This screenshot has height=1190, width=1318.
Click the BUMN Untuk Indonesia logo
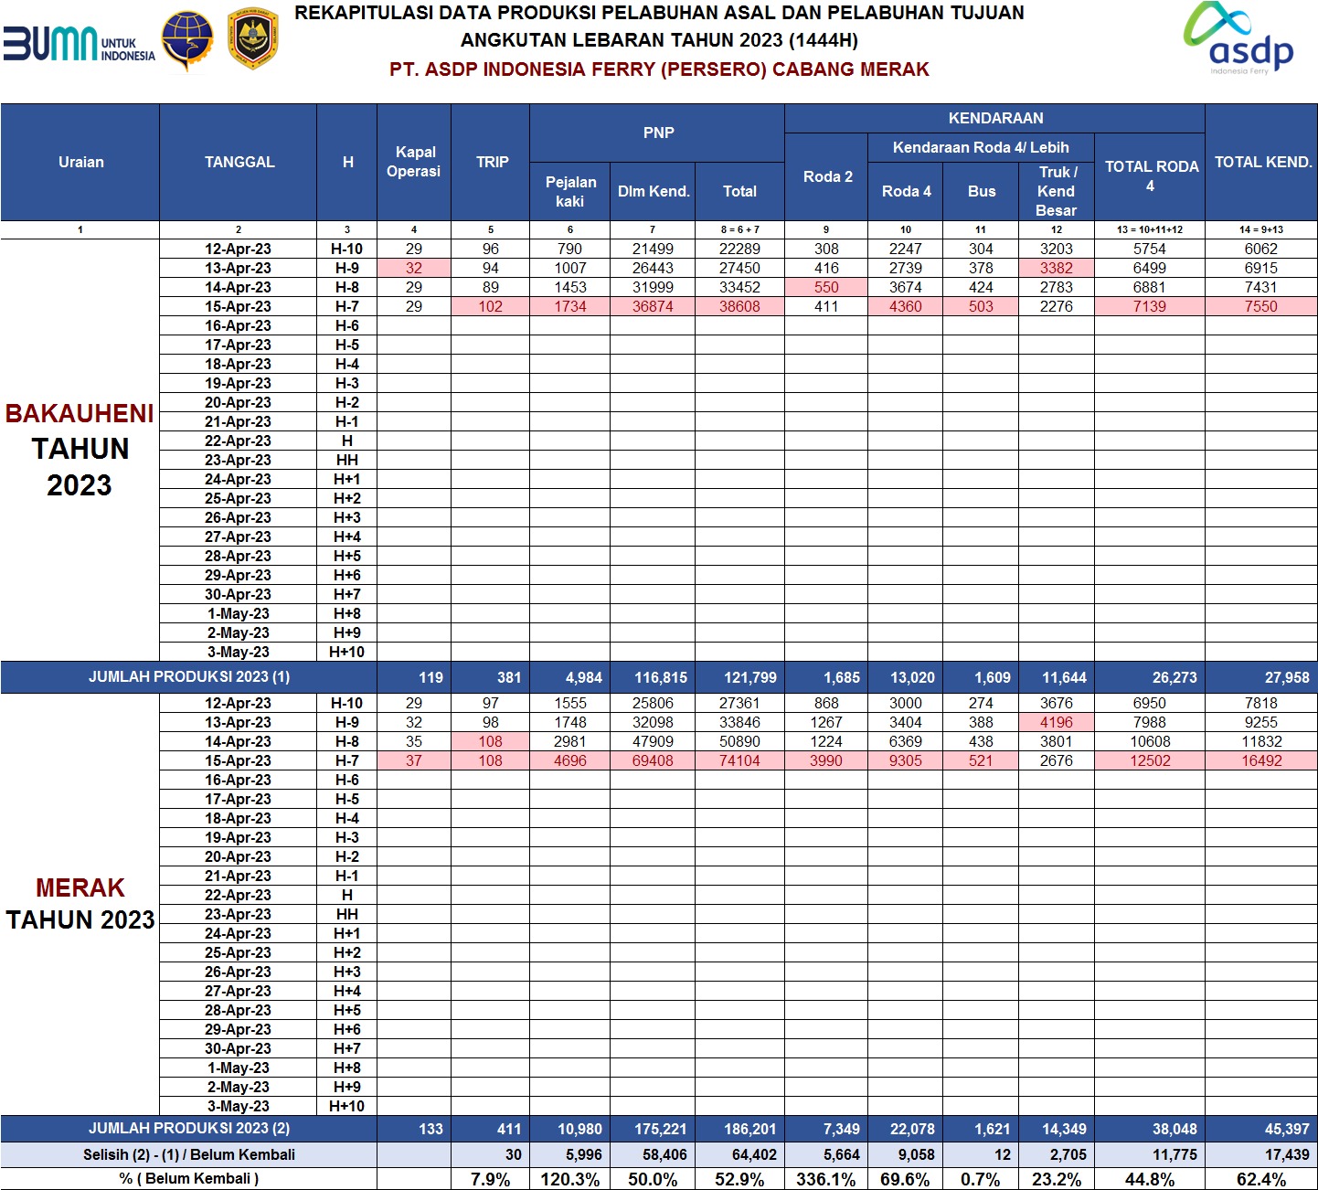click(x=79, y=43)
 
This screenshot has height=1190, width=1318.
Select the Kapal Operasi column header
click(x=414, y=162)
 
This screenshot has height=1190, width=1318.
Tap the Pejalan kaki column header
click(x=570, y=191)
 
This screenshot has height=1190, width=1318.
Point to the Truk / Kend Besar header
click(x=1057, y=191)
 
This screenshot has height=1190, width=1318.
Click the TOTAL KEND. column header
click(x=1262, y=162)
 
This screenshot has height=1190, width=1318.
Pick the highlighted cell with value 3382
click(x=1057, y=268)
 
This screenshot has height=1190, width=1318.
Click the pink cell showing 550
click(x=826, y=287)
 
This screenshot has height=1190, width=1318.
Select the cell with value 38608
click(x=739, y=306)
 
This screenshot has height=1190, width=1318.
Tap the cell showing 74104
click(x=739, y=760)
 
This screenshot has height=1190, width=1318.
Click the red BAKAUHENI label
click(x=80, y=414)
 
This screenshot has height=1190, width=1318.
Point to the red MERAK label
click(x=80, y=887)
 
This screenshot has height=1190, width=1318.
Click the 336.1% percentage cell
click(x=825, y=1179)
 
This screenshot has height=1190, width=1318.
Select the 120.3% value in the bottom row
click(x=570, y=1179)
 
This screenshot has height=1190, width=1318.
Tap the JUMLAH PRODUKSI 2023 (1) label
click(x=189, y=676)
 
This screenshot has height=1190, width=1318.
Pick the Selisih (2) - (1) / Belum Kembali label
click(x=189, y=1154)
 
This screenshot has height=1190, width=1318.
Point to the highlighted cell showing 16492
click(x=1261, y=760)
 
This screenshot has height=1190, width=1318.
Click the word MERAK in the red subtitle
click(x=898, y=69)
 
